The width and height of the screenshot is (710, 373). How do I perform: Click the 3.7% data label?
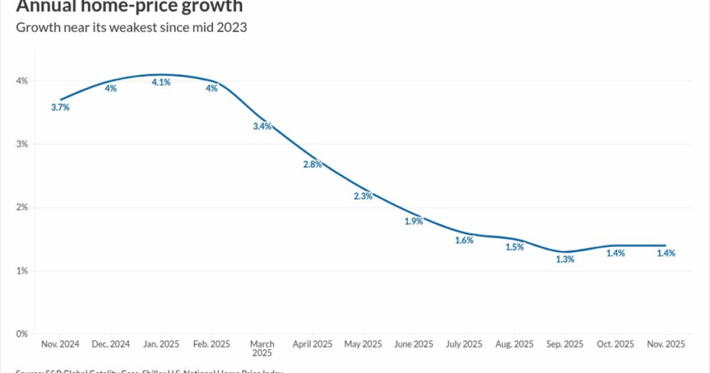pyautogui.click(x=60, y=107)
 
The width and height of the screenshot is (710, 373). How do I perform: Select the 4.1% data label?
pyautogui.click(x=162, y=83)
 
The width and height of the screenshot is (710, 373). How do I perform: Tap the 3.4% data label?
pyautogui.click(x=262, y=126)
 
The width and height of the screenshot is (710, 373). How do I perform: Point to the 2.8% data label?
pyautogui.click(x=313, y=164)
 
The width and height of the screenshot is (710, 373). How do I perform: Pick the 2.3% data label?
pyautogui.click(x=363, y=196)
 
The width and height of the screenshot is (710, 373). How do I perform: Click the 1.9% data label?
pyautogui.click(x=414, y=221)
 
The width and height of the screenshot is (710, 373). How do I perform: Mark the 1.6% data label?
pyautogui.click(x=464, y=241)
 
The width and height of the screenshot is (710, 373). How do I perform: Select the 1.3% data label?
pyautogui.click(x=565, y=259)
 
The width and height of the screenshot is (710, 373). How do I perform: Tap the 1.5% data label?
pyautogui.click(x=514, y=247)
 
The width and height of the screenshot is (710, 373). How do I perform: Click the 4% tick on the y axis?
pyautogui.click(x=22, y=81)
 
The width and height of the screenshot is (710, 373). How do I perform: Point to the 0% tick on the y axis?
pyautogui.click(x=22, y=334)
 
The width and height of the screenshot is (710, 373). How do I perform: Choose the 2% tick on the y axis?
pyautogui.click(x=22, y=207)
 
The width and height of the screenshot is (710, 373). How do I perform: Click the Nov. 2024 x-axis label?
pyautogui.click(x=60, y=345)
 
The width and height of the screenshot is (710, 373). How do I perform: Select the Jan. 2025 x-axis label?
pyautogui.click(x=162, y=345)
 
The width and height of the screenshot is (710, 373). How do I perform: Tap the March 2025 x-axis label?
pyautogui.click(x=262, y=349)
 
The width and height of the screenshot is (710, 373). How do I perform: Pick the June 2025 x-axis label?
pyautogui.click(x=414, y=345)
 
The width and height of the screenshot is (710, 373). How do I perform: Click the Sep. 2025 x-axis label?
pyautogui.click(x=565, y=345)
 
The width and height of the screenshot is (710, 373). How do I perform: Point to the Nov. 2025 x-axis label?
pyautogui.click(x=666, y=345)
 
